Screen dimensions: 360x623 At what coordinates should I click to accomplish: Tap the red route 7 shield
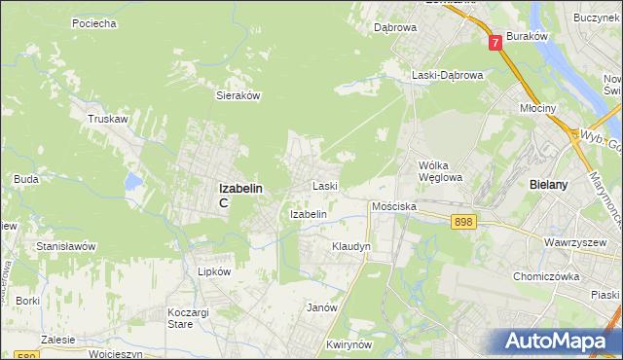click(495, 43)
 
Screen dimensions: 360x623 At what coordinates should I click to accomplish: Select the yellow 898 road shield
click(463, 223)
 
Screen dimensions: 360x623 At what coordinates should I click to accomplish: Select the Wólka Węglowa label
click(439, 171)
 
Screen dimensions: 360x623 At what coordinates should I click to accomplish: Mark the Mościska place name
click(394, 207)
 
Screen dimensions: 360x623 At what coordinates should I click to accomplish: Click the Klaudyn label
click(351, 247)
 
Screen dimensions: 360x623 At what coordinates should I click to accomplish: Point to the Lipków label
click(214, 272)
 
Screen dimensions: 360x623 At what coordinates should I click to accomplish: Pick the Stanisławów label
click(65, 246)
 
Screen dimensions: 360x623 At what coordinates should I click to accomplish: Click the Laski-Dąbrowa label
click(446, 75)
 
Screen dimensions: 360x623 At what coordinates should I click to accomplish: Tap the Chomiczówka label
click(547, 276)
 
